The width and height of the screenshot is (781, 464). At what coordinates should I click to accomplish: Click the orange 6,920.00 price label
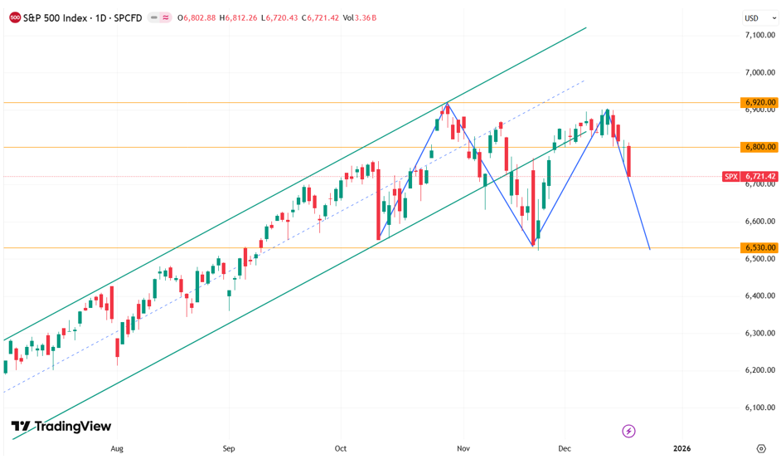click(x=759, y=103)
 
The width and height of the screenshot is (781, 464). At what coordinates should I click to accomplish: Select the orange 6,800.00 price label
click(x=759, y=147)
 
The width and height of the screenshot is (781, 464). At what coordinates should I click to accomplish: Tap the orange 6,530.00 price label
click(x=759, y=247)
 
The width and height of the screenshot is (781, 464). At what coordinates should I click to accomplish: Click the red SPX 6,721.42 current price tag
click(x=750, y=176)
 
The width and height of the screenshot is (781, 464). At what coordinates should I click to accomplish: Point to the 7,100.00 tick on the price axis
click(x=759, y=35)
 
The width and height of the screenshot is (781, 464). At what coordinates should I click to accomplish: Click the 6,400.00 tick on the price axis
click(x=759, y=295)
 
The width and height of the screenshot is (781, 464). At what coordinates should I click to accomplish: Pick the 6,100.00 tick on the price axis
click(x=759, y=407)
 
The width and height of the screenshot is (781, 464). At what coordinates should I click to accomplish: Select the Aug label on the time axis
click(x=116, y=448)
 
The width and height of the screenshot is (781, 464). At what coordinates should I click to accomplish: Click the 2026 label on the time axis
click(x=682, y=448)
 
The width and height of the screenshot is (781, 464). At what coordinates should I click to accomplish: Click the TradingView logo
click(x=61, y=426)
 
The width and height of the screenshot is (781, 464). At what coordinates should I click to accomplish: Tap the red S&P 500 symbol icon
click(x=15, y=17)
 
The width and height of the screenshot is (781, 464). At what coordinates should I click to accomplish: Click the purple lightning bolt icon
click(x=628, y=431)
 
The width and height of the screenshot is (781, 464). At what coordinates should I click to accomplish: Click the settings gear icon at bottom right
click(x=761, y=448)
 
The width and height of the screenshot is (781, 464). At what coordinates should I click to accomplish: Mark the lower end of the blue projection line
click(x=650, y=249)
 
